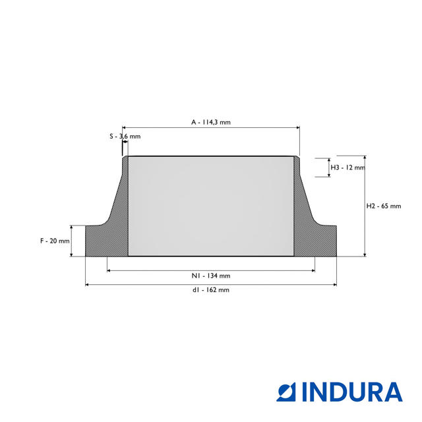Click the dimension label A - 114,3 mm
pyautogui.click(x=211, y=122)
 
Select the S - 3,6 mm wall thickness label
pyautogui.click(x=125, y=136)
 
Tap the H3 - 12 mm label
pyautogui.click(x=347, y=167)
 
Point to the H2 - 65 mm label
pyautogui.click(x=384, y=206)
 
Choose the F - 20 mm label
pyautogui.click(x=55, y=241)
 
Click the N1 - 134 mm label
pyautogui.click(x=211, y=276)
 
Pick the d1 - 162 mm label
pyautogui.click(x=211, y=290)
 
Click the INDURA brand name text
pyautogui.click(x=352, y=392)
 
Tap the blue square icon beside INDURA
pyautogui.click(x=286, y=392)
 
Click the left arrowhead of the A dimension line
pyautogui.click(x=124, y=127)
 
